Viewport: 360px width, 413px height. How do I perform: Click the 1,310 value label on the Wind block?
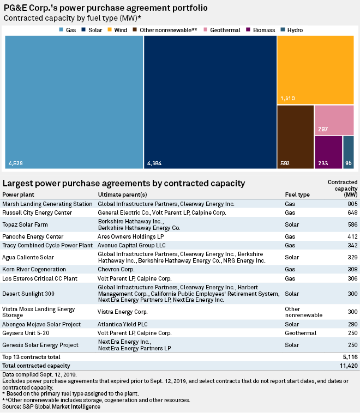tap(287, 99)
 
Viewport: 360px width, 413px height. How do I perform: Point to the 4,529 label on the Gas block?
tap(16, 163)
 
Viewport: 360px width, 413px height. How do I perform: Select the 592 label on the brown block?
tap(285, 163)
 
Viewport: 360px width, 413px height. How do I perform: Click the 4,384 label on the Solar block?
tap(155, 163)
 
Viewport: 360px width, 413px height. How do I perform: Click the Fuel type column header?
tap(297, 195)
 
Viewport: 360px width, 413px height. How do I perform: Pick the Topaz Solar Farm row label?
tap(23, 224)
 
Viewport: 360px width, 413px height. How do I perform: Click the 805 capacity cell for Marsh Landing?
tap(352, 204)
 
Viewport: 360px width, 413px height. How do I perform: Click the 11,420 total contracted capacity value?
tap(347, 366)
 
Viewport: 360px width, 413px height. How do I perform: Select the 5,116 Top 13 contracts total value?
tap(350, 356)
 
